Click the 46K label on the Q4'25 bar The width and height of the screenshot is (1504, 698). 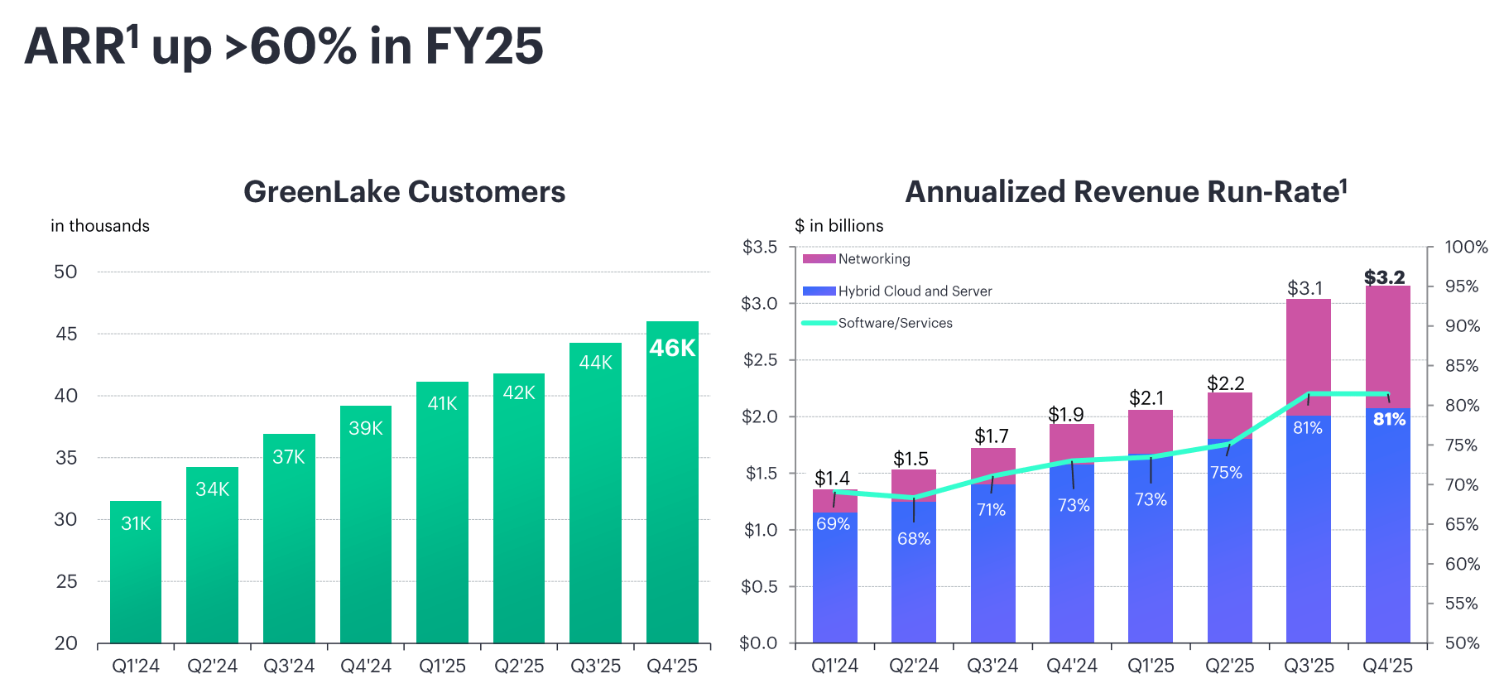672,349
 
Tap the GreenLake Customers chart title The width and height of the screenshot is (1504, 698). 404,192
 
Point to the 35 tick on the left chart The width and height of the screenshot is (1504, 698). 66,458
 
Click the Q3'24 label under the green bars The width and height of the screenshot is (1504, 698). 289,667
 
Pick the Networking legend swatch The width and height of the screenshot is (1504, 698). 819,259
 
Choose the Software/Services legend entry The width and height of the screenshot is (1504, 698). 895,323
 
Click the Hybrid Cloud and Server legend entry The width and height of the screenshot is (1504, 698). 914,291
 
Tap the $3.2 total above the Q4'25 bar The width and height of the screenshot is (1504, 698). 1384,277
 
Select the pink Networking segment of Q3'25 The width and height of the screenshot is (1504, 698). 1308,356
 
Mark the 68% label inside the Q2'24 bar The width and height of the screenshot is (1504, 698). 914,539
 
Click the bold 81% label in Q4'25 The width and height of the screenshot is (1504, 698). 1389,420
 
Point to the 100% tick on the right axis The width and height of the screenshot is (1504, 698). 1465,247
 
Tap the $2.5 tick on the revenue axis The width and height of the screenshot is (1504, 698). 760,360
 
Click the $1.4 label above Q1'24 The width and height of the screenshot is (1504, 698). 832,479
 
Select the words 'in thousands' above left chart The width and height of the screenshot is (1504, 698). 100,226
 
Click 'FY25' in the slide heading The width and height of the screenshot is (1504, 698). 484,46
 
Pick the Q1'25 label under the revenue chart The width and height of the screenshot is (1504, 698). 1151,667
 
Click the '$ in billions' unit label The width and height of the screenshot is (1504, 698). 838,226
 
